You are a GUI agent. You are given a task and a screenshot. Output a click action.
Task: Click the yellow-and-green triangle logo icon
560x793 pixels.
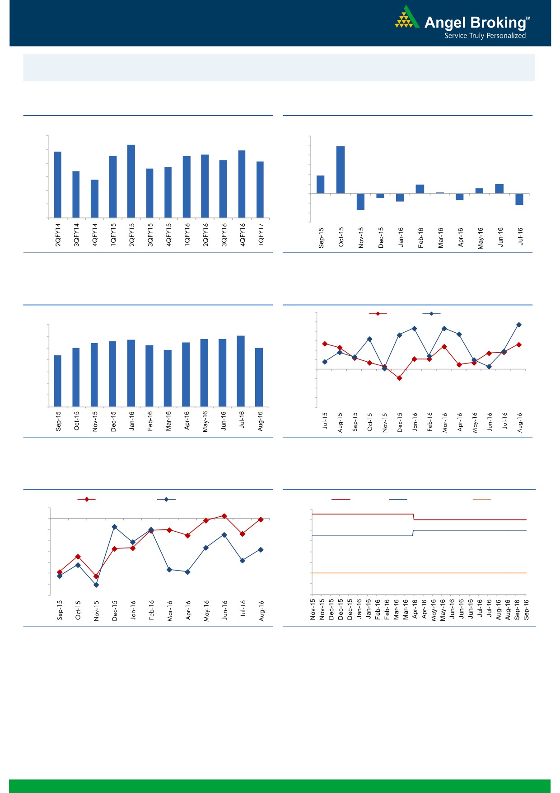click(x=406, y=18)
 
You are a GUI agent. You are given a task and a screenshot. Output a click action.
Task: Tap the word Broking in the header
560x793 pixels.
click(x=498, y=23)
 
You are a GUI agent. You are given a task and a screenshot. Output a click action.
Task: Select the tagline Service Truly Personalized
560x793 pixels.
click(x=485, y=36)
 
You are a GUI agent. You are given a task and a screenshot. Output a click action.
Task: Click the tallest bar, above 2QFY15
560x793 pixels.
click(x=131, y=181)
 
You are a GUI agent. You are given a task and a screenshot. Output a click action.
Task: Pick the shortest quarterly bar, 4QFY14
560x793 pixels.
click(x=94, y=199)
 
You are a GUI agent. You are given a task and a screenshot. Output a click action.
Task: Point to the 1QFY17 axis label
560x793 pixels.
click(x=261, y=234)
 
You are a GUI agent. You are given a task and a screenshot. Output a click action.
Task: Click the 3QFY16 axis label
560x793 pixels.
click(x=224, y=234)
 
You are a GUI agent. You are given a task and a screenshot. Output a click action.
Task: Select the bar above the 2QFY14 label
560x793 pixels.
click(x=58, y=184)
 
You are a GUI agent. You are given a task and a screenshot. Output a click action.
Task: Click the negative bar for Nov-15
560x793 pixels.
click(x=360, y=202)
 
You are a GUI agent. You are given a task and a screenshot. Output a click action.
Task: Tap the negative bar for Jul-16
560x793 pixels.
click(x=519, y=199)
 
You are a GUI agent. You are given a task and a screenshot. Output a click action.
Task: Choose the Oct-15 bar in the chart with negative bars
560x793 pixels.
click(x=341, y=170)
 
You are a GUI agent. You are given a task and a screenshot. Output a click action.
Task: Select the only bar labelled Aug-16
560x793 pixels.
click(x=259, y=377)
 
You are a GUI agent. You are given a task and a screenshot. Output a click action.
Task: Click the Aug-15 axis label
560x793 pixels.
click(x=340, y=422)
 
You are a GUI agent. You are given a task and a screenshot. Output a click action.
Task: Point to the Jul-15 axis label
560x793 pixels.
click(x=325, y=420)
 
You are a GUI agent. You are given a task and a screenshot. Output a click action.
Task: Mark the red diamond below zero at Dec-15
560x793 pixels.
click(x=399, y=378)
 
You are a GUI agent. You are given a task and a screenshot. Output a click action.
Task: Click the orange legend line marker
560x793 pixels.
click(x=481, y=500)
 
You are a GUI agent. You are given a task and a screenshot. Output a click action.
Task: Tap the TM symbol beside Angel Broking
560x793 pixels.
click(x=528, y=19)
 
